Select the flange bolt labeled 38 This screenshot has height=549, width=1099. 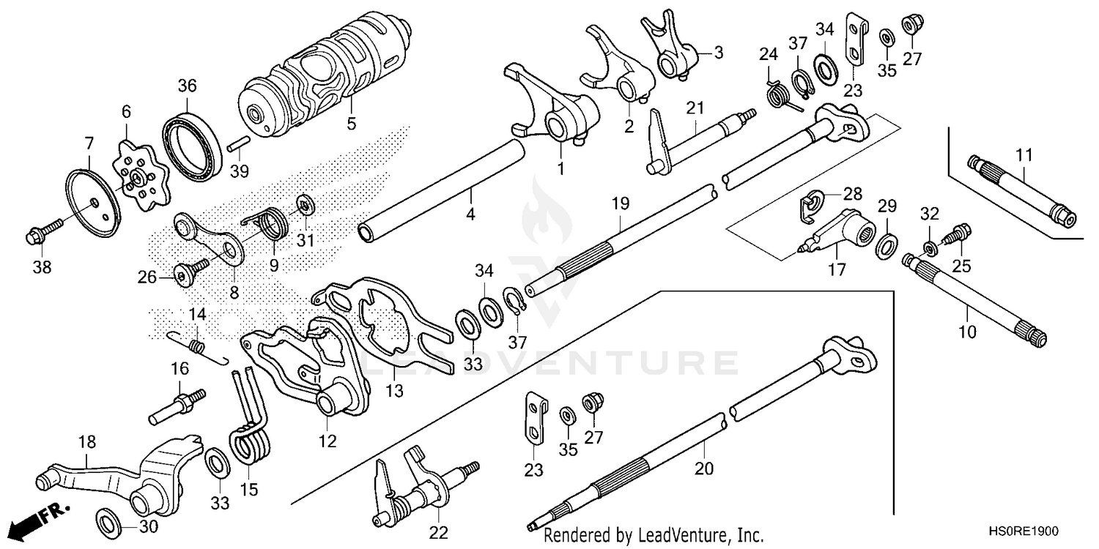pyautogui.click(x=38, y=236)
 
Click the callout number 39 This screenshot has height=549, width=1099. pyautogui.click(x=240, y=171)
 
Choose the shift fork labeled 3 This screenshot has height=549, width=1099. pyautogui.click(x=670, y=51)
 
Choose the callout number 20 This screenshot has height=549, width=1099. pyautogui.click(x=704, y=467)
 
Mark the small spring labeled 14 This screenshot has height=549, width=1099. pyautogui.click(x=196, y=344)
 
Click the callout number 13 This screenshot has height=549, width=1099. pyautogui.click(x=395, y=392)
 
